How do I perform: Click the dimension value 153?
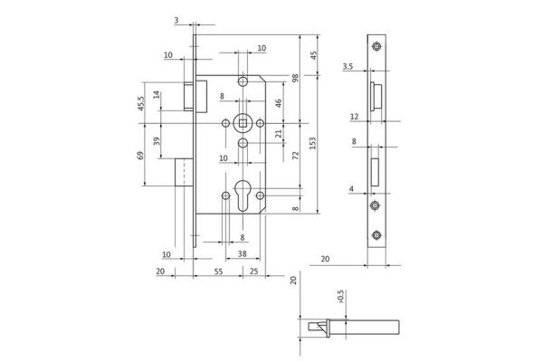click(313, 143)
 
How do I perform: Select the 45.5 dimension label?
click(141, 103)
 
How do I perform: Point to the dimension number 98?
click(295, 78)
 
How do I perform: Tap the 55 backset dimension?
click(218, 271)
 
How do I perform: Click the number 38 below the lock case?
click(243, 254)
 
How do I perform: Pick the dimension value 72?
click(295, 156)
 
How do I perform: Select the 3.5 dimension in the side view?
click(348, 66)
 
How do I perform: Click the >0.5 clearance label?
click(341, 297)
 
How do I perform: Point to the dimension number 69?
click(140, 155)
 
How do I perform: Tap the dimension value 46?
click(279, 103)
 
